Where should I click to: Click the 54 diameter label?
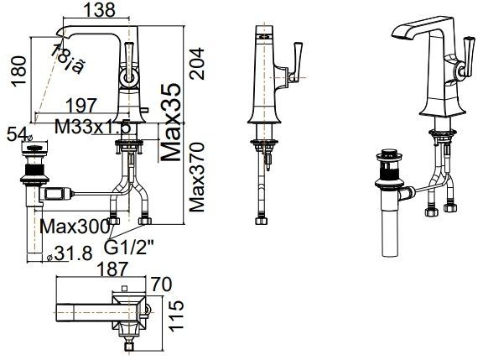pos(15,133)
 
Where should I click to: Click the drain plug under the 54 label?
pos(35,159)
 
